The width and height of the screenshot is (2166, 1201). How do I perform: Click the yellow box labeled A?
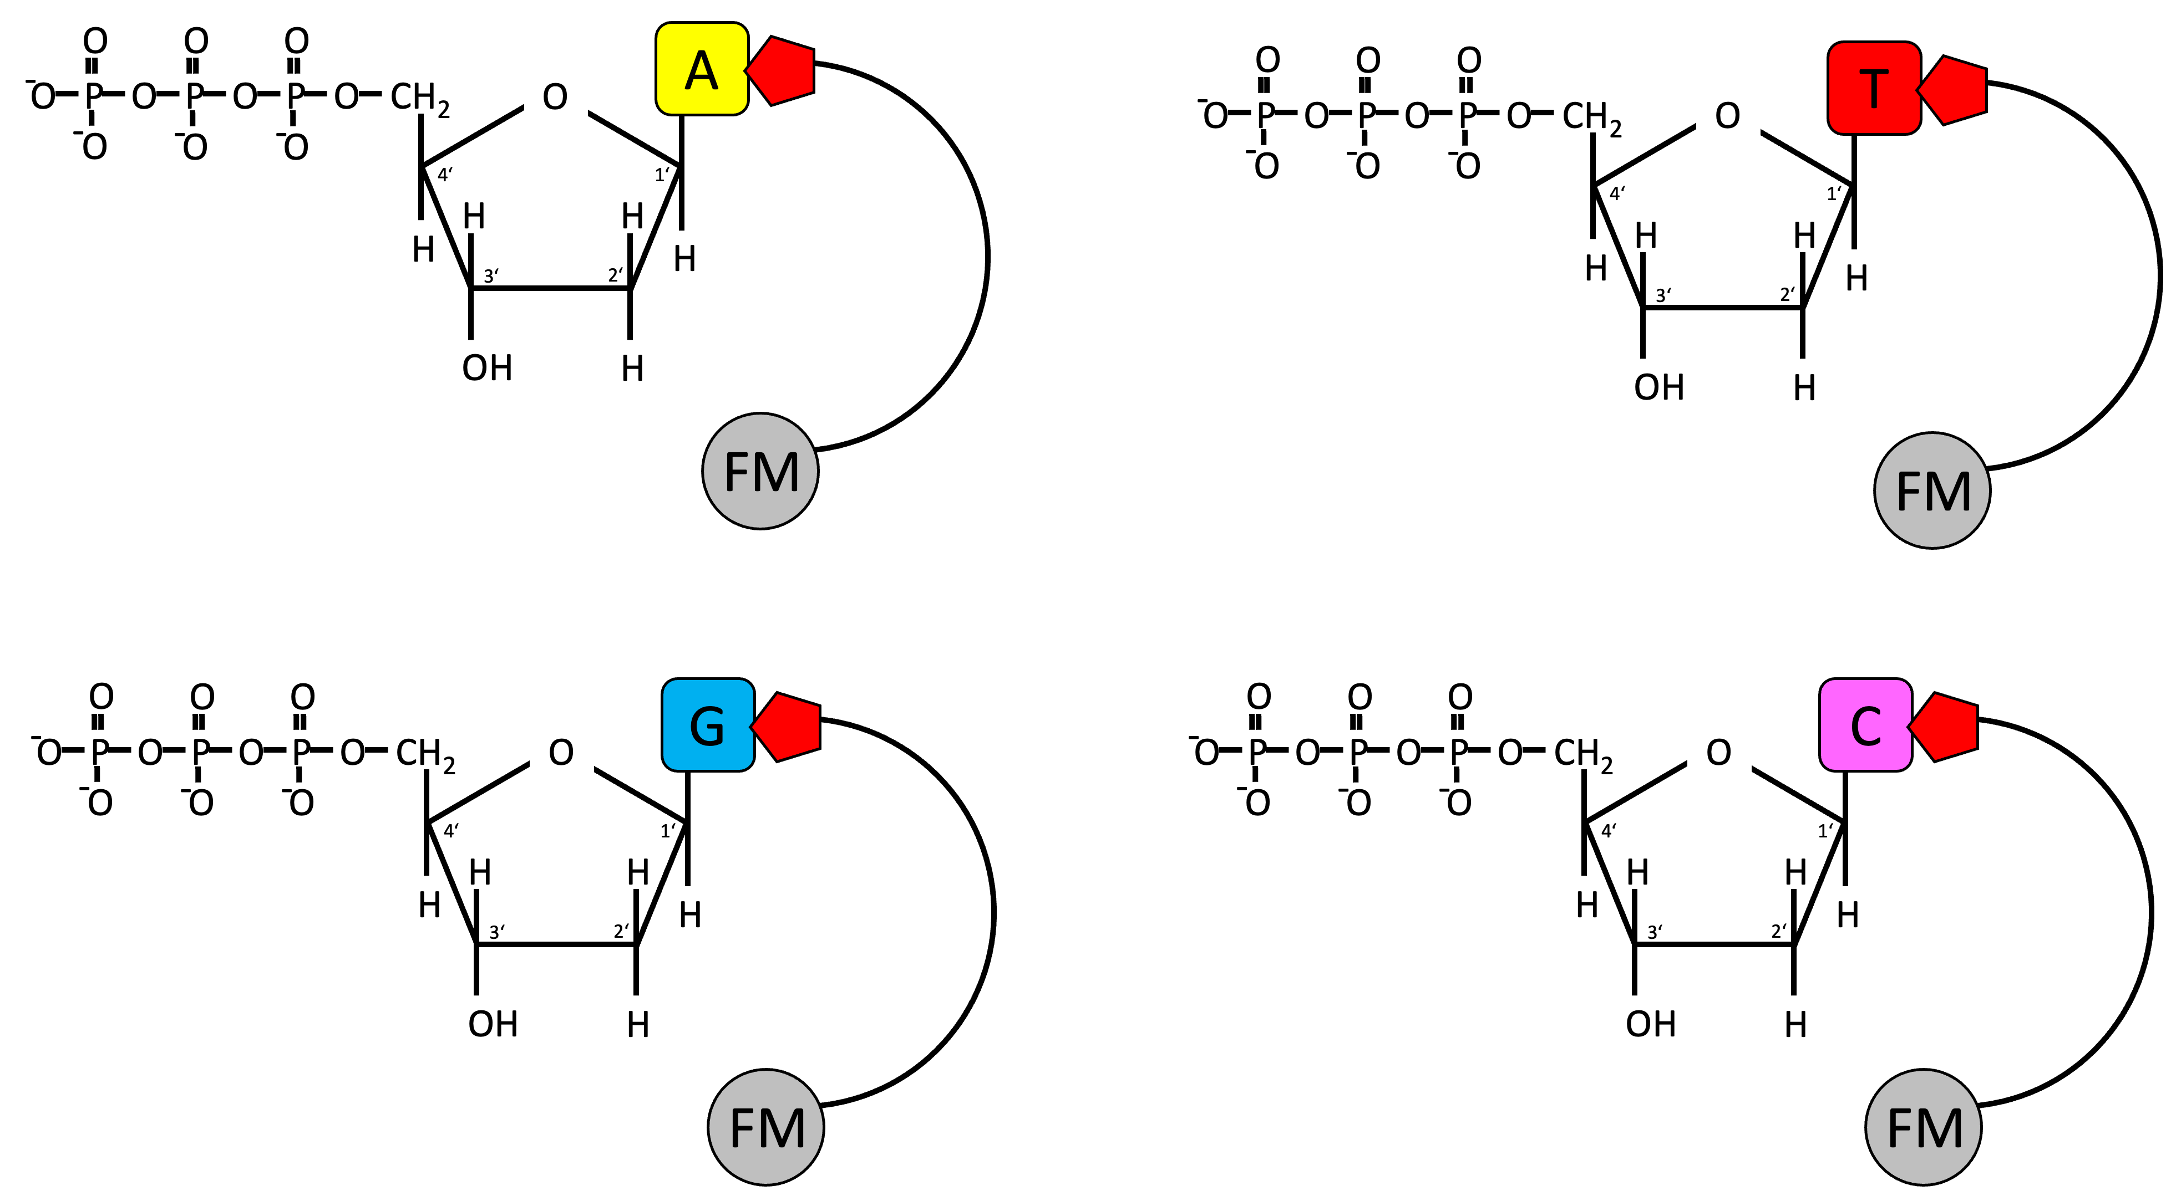[701, 69]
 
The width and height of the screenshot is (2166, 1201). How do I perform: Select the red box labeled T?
[1873, 88]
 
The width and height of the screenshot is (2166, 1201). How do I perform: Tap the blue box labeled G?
[707, 724]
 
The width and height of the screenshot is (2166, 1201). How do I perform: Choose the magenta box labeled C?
[1865, 724]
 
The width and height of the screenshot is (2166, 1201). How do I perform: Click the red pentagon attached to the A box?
[782, 70]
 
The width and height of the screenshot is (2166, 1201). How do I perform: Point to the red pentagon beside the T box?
[1954, 90]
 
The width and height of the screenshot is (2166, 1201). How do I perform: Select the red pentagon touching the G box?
[788, 727]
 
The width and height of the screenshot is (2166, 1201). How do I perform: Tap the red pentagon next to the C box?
[1945, 727]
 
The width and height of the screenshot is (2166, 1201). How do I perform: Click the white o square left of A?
[556, 95]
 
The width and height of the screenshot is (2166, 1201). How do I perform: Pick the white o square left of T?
[1728, 114]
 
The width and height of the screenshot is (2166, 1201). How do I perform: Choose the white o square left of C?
[1719, 752]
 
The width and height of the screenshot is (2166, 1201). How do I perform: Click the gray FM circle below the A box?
[760, 472]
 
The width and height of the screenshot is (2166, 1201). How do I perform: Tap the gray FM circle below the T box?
[1932, 491]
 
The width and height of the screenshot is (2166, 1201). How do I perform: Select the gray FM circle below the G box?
[766, 1127]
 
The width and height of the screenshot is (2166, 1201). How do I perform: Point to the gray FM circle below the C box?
[1923, 1127]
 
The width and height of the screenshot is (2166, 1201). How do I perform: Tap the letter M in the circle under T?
[1950, 492]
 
